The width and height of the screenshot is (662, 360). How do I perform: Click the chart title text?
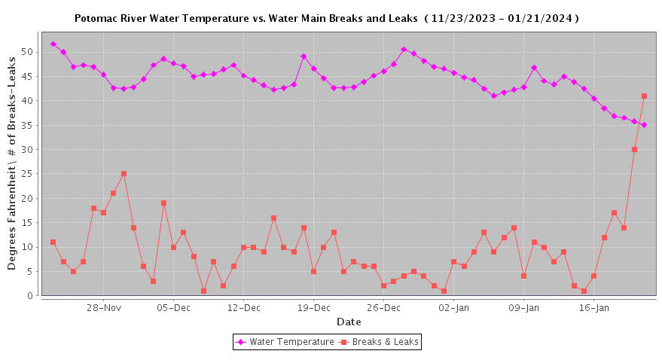[x=326, y=17]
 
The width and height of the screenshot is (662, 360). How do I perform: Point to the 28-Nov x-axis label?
[x=104, y=307]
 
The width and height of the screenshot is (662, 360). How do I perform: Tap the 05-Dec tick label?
[x=174, y=307]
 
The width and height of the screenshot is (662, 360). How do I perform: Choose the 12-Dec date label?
[x=244, y=307]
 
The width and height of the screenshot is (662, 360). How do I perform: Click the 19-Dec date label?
[x=314, y=307]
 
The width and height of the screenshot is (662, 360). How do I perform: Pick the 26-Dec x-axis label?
[x=384, y=307]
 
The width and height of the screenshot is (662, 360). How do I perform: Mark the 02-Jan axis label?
[x=454, y=307]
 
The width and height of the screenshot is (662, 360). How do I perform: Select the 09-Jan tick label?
[x=524, y=307]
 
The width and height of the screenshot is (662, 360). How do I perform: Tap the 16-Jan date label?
[x=594, y=307]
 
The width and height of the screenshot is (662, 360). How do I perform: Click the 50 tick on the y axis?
[x=28, y=52]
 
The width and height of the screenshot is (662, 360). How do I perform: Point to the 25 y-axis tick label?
[x=28, y=174]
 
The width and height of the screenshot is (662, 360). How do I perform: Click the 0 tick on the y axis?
[x=31, y=296]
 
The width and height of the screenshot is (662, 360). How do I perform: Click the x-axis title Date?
[x=349, y=322]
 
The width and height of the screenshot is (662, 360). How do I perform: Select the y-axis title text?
[x=12, y=164]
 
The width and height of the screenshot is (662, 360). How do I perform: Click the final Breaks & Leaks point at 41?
[x=644, y=96]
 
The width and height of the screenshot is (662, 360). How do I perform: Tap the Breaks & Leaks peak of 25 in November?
[x=124, y=174]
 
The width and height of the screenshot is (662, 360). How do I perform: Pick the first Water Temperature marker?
[x=53, y=44]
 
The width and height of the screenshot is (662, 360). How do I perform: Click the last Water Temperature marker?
[x=644, y=125]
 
